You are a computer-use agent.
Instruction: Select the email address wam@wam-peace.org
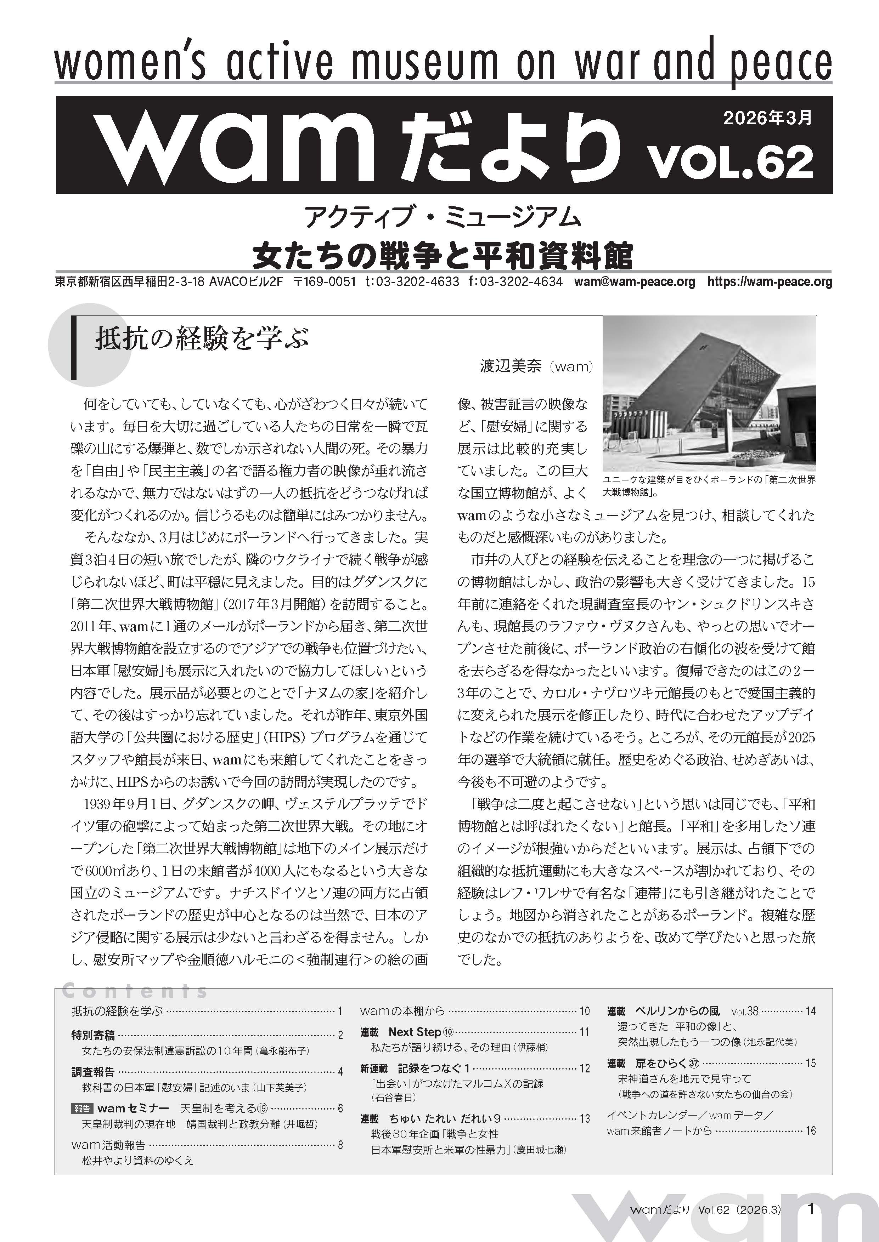click(x=634, y=282)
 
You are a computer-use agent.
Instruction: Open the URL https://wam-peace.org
click(x=770, y=282)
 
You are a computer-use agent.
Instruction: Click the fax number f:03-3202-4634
click(x=516, y=282)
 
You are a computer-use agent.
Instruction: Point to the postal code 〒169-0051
click(x=324, y=282)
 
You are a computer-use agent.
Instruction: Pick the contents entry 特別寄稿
click(x=93, y=1035)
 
